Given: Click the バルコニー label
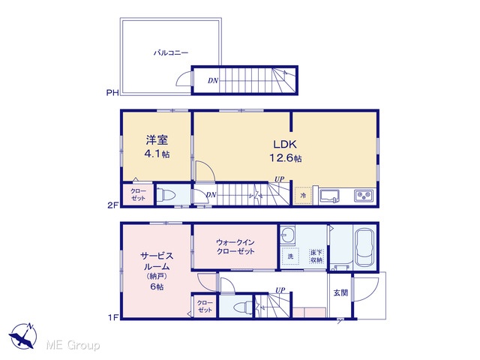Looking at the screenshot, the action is pos(171,52).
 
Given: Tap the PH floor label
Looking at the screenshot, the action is pos(112,92).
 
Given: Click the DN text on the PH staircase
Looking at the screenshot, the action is pos(213,80).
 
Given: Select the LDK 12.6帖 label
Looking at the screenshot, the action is pos(285,151).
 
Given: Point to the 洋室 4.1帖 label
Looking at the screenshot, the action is pos(157,147).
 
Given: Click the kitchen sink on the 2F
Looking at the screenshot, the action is pos(329,196).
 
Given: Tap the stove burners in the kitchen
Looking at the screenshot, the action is pos(363,196).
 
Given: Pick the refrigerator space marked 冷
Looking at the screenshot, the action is pos(303,195).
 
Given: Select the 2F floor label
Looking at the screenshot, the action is pos(112,205).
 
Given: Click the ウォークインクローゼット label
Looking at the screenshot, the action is pos(235,247).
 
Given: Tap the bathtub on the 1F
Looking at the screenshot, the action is pos(365,248).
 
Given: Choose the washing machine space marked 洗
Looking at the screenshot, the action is pos(290,256).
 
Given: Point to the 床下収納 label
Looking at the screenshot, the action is pos(316,256).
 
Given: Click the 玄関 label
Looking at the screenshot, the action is pos(340,292).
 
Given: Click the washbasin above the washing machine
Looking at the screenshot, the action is pos(287,235).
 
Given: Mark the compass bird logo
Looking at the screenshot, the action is pos(23,336).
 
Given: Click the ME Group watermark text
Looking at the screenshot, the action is pos(73,345).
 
